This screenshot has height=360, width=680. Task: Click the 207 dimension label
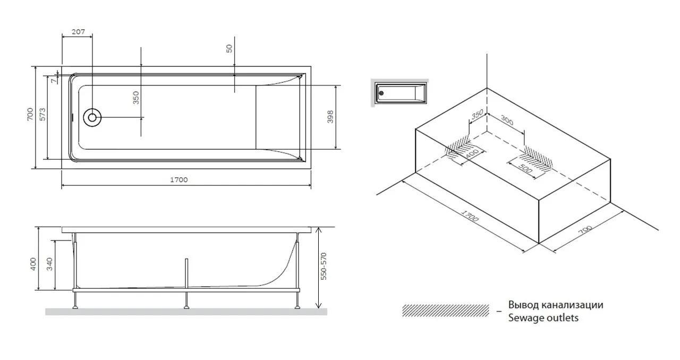78,32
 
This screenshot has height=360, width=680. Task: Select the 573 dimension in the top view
42,114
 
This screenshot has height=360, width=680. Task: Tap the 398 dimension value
330,117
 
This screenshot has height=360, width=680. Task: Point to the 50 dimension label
229,48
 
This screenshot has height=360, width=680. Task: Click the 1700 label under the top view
179,179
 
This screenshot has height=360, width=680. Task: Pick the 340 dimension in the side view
50,264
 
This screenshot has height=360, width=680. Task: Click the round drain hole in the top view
92,117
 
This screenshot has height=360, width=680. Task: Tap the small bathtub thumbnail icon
400,94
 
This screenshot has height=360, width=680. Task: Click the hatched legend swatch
445,311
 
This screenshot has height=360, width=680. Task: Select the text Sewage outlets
543,318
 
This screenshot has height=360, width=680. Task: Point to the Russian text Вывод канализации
556,305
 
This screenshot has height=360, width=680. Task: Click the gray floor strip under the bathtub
186,312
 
